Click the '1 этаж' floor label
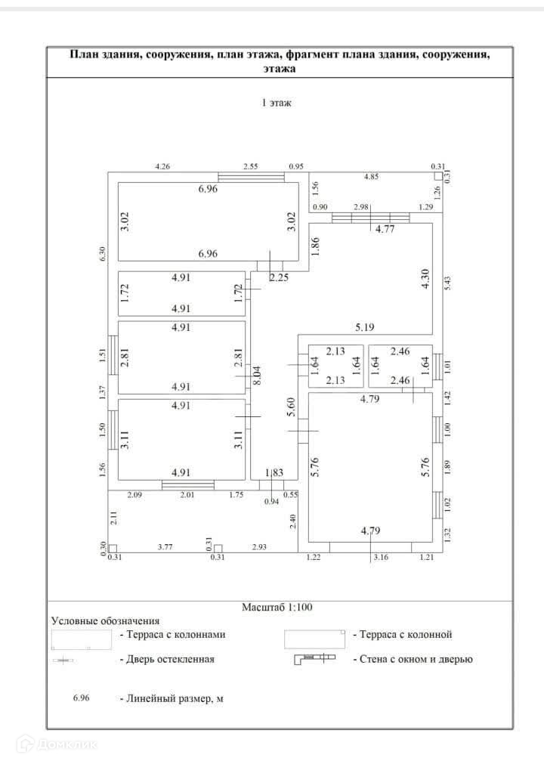coord(276,103)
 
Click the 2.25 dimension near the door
coord(279,277)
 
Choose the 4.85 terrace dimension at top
coord(372,177)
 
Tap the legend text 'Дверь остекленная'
coord(166,659)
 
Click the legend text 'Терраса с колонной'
coord(401,635)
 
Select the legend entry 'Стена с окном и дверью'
coord(412,659)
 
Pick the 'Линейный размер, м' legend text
coord(171,699)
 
